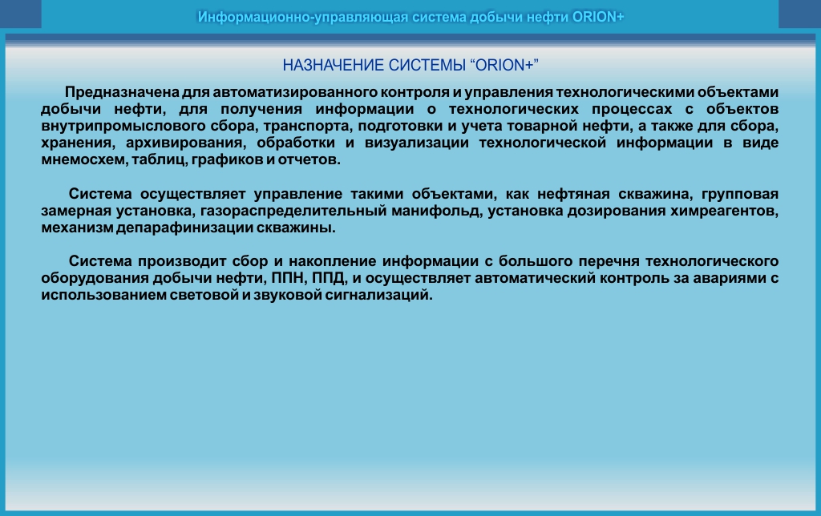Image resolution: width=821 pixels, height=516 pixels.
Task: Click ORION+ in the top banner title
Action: coord(598,18)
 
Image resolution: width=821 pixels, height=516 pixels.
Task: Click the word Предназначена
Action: coord(122,93)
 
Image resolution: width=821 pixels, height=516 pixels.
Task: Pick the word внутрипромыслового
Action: coord(123,126)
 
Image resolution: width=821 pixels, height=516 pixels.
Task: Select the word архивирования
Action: coord(186,143)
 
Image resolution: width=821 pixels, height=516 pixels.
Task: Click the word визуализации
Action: coord(416,143)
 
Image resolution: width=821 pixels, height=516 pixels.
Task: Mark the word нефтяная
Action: coord(573,194)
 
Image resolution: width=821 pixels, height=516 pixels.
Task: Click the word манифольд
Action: coord(436,211)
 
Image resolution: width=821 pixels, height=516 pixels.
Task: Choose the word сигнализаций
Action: coord(378,295)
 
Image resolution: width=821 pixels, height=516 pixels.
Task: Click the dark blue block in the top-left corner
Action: coord(20,14)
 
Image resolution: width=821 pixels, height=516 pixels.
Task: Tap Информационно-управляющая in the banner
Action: coord(302,18)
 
